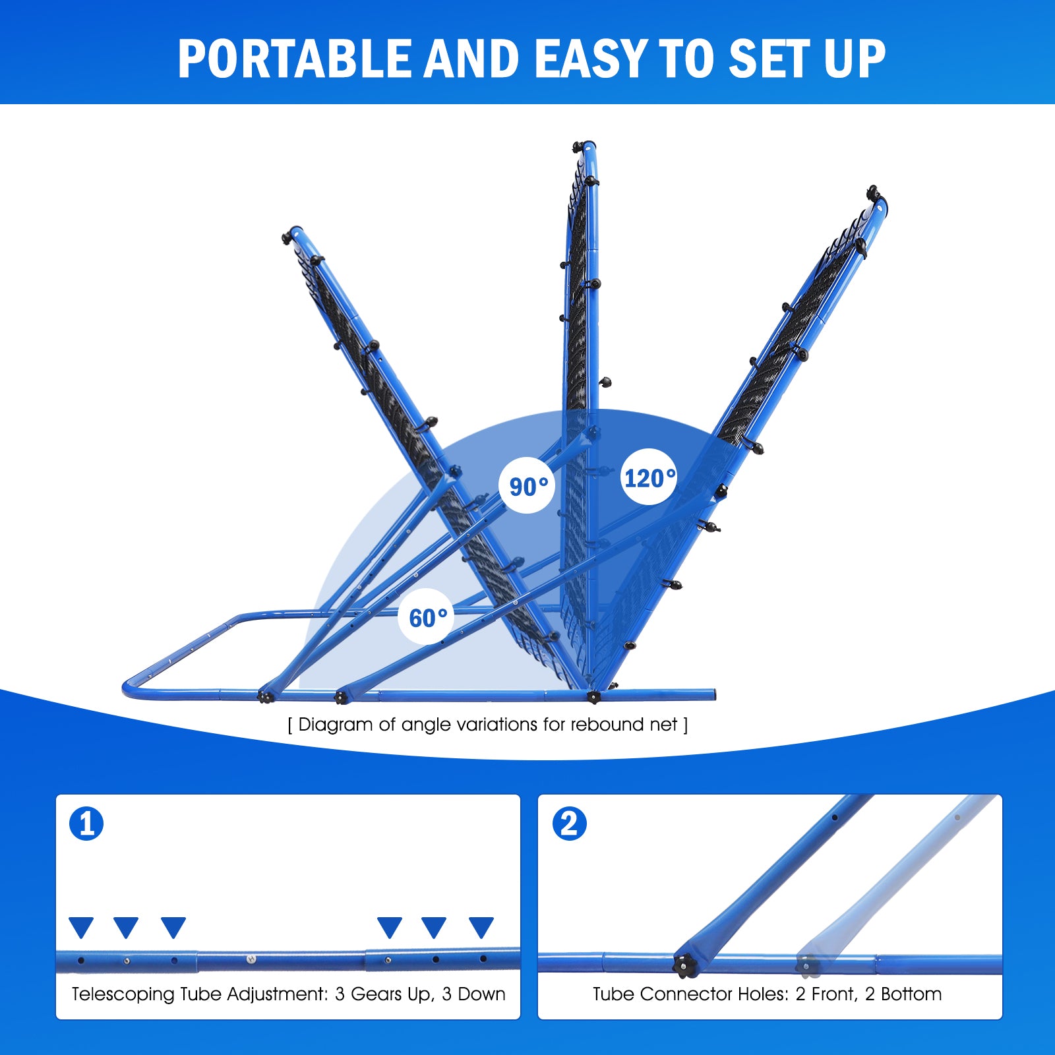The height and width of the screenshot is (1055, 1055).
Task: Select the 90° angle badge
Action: pyautogui.click(x=528, y=486)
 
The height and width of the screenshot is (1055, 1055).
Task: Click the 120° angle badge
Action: pyautogui.click(x=649, y=477)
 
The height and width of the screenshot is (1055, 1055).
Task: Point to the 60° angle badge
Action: pyautogui.click(x=427, y=617)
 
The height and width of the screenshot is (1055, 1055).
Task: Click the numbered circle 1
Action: pyautogui.click(x=86, y=824)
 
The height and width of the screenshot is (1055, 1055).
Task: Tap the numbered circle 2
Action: pyautogui.click(x=569, y=824)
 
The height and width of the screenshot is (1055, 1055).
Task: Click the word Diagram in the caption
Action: pyautogui.click(x=335, y=725)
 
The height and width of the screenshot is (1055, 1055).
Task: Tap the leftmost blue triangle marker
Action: pyautogui.click(x=81, y=927)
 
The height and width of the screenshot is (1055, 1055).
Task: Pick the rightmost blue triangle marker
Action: pyautogui.click(x=481, y=927)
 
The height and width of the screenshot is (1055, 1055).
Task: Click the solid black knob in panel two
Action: pyautogui.click(x=684, y=966)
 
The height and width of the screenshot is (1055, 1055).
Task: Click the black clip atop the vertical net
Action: pyautogui.click(x=578, y=146)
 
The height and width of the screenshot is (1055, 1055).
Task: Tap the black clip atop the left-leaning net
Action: pyautogui.click(x=287, y=237)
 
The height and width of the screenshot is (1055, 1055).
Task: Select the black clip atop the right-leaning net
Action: pyautogui.click(x=873, y=192)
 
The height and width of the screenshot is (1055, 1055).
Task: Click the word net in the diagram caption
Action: pyautogui.click(x=663, y=725)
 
